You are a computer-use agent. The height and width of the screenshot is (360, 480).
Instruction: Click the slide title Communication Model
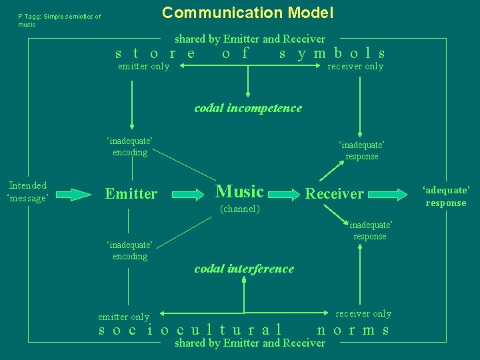(248, 13)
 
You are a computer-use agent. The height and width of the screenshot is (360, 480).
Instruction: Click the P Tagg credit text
(59, 20)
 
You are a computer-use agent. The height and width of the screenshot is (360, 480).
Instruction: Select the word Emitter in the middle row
(131, 194)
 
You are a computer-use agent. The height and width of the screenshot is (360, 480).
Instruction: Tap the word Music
(240, 192)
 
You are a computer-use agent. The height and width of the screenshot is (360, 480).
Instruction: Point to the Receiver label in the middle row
(334, 194)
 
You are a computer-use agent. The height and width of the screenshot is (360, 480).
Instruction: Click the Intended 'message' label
(27, 192)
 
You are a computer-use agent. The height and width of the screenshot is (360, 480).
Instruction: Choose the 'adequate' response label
(446, 196)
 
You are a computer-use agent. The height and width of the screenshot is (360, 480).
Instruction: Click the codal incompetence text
(248, 108)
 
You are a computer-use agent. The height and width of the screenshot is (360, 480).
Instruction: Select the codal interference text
(244, 269)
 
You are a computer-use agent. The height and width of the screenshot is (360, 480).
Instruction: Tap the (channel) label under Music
(239, 209)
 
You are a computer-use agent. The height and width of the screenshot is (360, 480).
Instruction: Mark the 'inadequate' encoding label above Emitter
(130, 147)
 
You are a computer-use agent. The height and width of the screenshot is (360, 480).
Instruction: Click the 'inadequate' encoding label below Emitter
(130, 251)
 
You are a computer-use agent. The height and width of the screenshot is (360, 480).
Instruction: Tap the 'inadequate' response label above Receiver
(362, 151)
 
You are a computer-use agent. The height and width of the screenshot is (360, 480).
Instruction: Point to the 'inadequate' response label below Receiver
(370, 231)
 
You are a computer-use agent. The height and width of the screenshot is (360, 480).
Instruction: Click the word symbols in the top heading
(332, 53)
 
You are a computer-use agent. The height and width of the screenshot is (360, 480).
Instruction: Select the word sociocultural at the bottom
(189, 329)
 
